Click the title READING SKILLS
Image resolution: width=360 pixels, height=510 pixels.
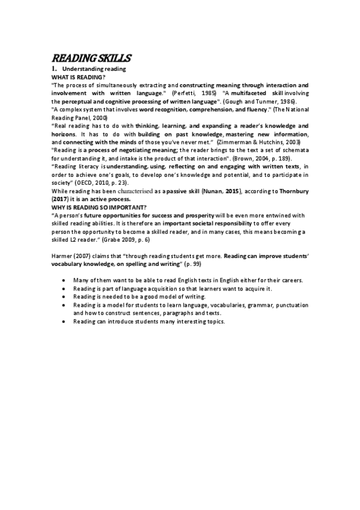pyautogui.click(x=91, y=58)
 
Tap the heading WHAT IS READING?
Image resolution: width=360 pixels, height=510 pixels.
pyautogui.click(x=79, y=78)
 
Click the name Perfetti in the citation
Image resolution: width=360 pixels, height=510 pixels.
pyautogui.click(x=183, y=94)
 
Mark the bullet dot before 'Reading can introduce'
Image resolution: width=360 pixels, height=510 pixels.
pyautogui.click(x=64, y=322)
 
